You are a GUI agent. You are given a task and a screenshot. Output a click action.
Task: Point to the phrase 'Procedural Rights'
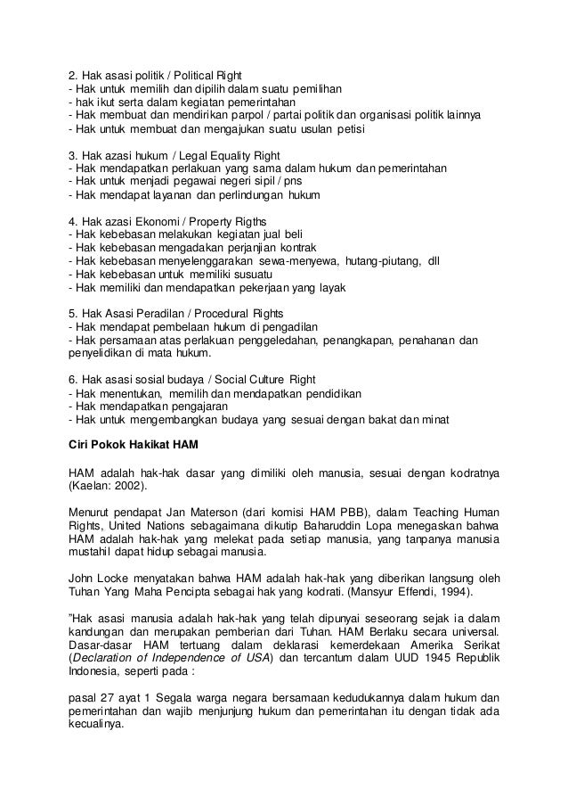pos(243,312)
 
